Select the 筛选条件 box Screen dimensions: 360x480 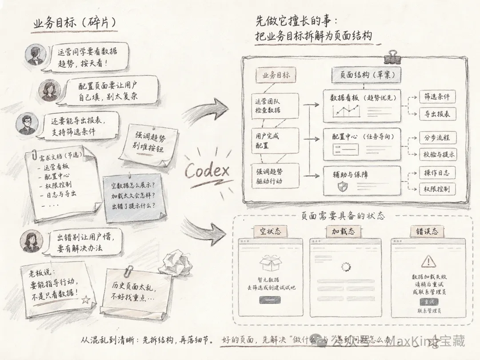coord(437,96)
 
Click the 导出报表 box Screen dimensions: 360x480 coord(437,113)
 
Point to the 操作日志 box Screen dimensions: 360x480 coord(437,172)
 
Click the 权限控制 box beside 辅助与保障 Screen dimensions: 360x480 coord(437,189)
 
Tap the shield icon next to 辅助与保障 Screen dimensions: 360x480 coord(342,186)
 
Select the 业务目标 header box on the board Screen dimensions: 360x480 coord(276,75)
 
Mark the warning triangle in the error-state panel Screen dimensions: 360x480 coord(428,261)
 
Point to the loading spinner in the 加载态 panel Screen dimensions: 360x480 coord(346,267)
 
